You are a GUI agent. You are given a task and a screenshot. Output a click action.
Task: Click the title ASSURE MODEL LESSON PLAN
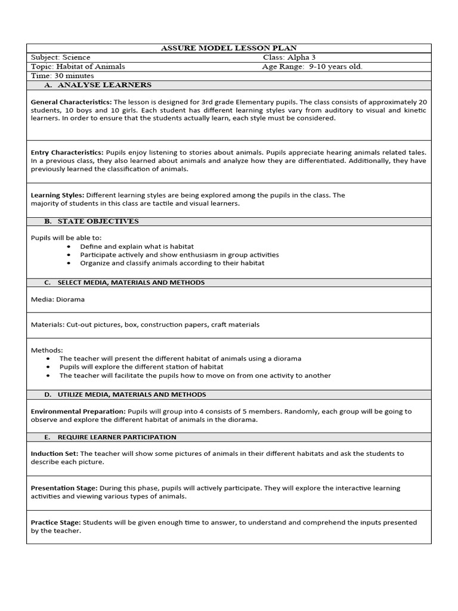pos(229,48)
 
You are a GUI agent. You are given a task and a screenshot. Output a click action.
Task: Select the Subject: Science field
pos(60,58)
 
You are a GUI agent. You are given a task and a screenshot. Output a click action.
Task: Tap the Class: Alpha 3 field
pos(289,58)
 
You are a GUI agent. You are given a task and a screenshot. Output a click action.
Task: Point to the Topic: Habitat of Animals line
pos(78,67)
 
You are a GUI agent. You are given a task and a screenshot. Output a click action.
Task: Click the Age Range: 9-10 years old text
pos(312,67)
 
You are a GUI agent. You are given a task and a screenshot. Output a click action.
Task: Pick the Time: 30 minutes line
pos(62,76)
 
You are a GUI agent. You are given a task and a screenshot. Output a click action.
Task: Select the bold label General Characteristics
pos(71,102)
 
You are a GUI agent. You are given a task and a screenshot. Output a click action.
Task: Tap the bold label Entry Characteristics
pos(67,153)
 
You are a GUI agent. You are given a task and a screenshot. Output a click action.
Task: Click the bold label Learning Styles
pos(57,195)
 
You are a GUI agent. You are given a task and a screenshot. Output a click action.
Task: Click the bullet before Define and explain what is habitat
pos(70,246)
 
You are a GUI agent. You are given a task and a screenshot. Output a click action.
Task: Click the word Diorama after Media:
pos(70,300)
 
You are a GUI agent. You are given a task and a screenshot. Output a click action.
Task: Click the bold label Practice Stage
pos(55,522)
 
